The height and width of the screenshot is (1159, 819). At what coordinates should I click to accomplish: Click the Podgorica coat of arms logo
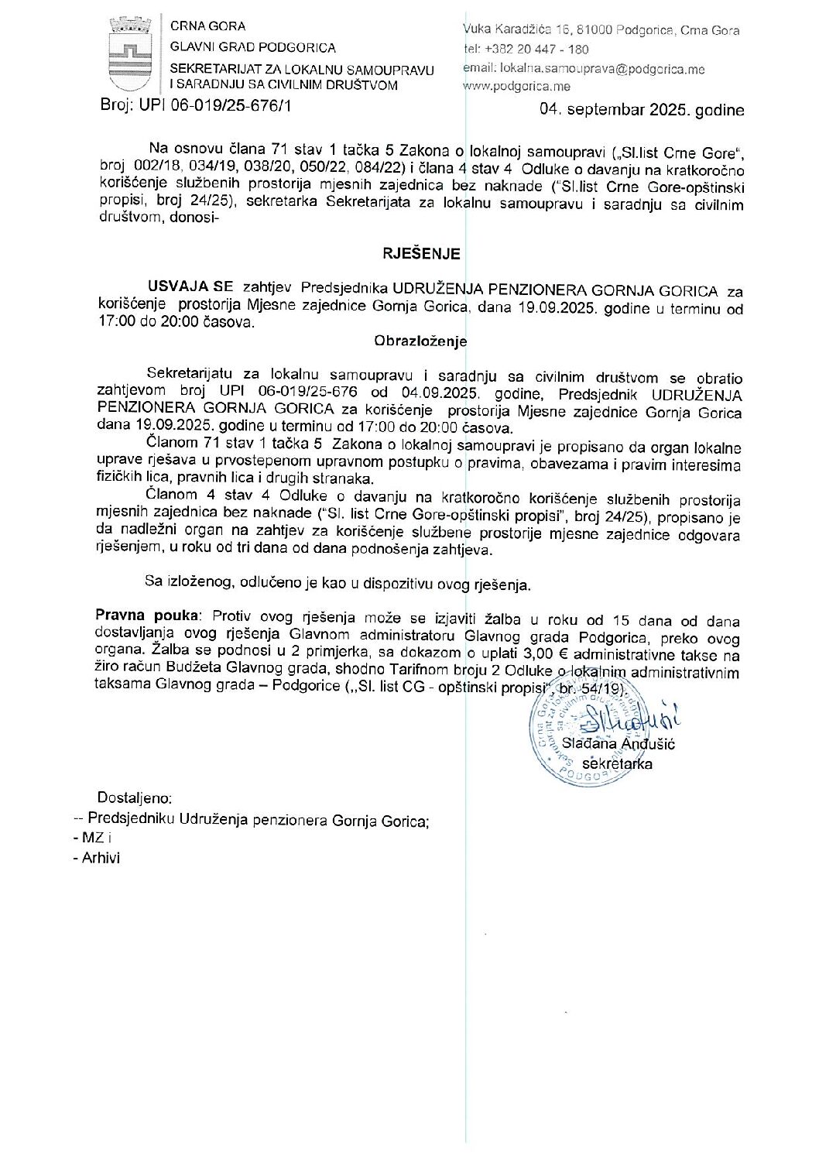pyautogui.click(x=129, y=55)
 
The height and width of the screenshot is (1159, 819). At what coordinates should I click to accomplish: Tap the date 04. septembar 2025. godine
pyautogui.click(x=642, y=110)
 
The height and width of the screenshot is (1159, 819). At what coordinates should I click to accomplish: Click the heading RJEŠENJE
pyautogui.click(x=421, y=254)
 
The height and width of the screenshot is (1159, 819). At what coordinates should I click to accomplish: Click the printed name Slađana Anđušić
pyautogui.click(x=619, y=744)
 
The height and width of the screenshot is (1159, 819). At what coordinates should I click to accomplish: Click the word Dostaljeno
pyautogui.click(x=135, y=798)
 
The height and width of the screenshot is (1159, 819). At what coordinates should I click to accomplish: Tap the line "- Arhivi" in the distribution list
pyautogui.click(x=97, y=858)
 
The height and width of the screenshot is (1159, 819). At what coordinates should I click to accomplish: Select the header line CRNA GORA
pyautogui.click(x=207, y=26)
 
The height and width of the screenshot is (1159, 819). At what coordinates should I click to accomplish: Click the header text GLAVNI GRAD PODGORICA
pyautogui.click(x=253, y=48)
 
